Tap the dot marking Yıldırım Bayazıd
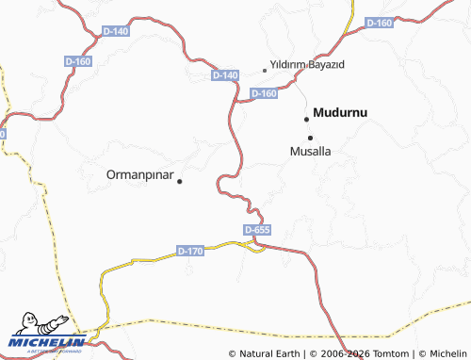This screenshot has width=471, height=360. pos(265,70)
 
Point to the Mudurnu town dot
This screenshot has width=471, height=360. pos(306,119)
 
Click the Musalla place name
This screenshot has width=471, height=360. pos(311,151)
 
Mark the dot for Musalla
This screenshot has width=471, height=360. pos(310,138)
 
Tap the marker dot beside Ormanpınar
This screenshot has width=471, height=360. pos(180,180)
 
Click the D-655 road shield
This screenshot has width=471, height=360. pos(257,230)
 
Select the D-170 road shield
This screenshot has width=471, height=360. pos(190,251)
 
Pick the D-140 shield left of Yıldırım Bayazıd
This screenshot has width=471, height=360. pos(225,74)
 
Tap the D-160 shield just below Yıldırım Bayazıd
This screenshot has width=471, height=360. pos(265,93)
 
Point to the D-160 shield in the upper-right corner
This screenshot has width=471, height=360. pos(379,23)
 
